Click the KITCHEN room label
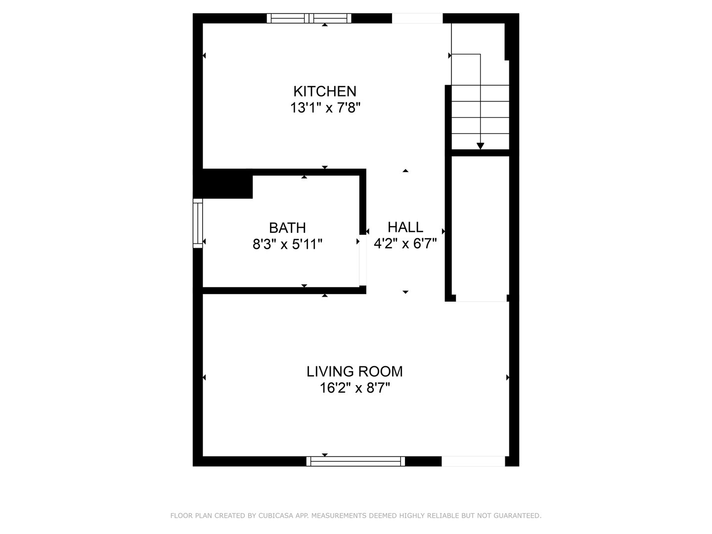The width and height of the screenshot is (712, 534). point(325,91)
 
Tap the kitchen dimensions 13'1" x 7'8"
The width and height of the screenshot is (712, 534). point(325,108)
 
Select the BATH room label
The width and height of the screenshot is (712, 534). point(287,227)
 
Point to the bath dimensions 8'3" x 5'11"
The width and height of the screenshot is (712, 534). point(287,244)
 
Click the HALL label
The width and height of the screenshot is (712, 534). point(405,227)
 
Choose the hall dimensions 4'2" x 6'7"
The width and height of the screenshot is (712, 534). point(405,243)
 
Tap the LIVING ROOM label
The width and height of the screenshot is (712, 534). point(355,371)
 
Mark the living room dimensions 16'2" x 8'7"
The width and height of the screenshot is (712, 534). point(355,388)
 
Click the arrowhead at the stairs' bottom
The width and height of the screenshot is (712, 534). point(480,146)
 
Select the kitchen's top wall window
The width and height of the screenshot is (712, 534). point(309,18)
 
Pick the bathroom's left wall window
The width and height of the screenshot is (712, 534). point(198,223)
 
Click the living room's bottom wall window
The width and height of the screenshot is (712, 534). point(356,461)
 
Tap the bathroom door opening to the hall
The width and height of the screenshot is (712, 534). point(362,260)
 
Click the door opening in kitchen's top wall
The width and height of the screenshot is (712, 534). point(417,18)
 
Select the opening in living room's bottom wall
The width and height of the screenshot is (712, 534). point(473,461)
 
